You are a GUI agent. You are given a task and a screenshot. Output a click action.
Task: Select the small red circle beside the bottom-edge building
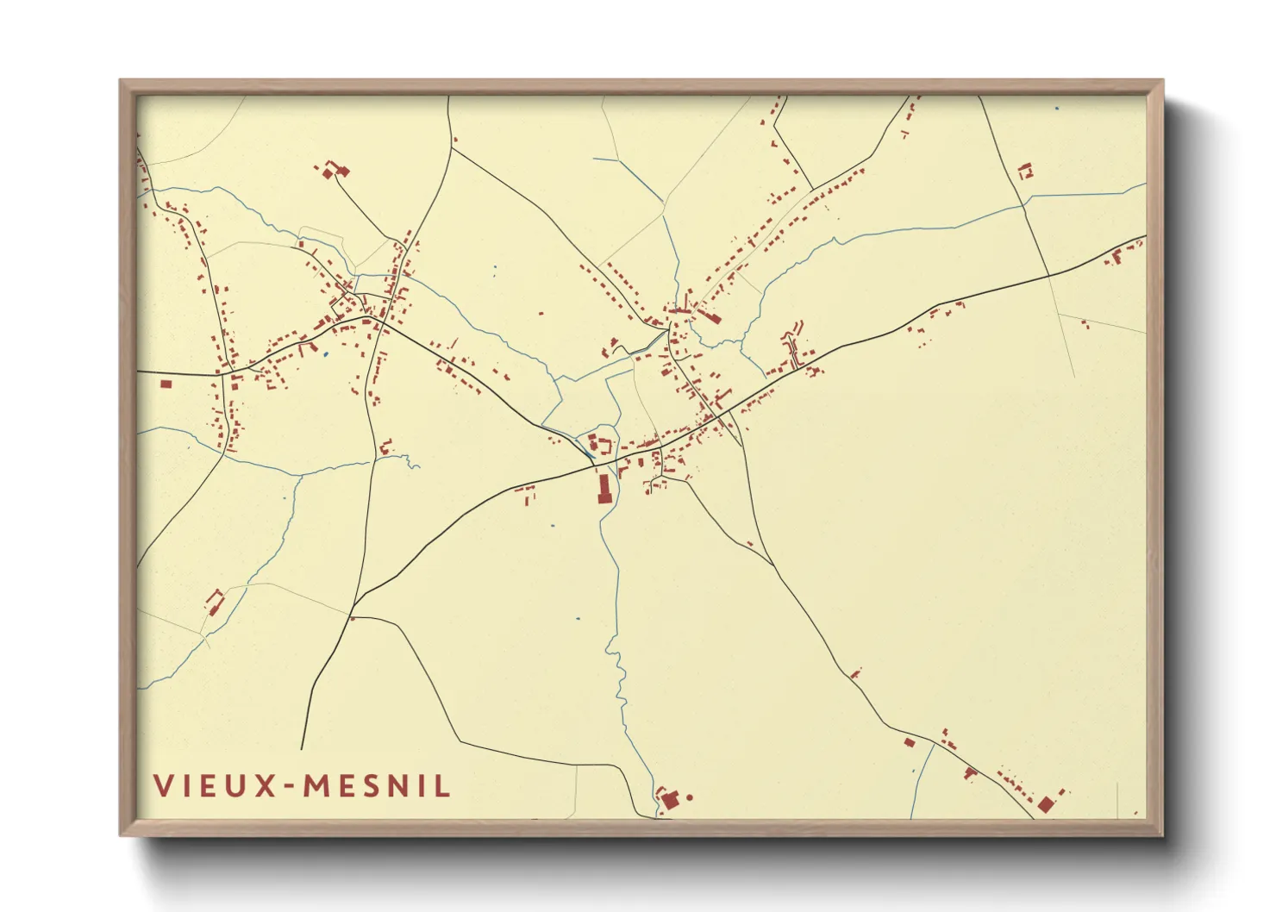[689, 797]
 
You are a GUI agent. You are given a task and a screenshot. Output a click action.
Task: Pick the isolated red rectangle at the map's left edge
[166, 384]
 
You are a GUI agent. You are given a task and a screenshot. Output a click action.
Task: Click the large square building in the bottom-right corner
[1046, 804]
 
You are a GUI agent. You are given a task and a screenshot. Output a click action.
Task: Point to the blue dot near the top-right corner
[1057, 109]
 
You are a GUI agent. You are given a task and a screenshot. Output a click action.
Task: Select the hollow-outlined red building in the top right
[1025, 171]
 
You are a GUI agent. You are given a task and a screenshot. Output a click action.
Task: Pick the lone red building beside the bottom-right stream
[909, 741]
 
